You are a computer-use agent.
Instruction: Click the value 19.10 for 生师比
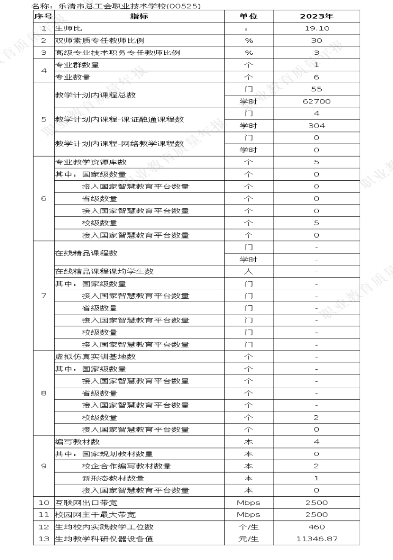(316, 28)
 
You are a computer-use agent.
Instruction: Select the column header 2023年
(316, 16)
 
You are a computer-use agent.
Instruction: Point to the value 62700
(316, 101)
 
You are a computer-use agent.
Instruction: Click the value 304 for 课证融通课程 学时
(316, 126)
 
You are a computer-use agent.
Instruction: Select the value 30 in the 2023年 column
(316, 40)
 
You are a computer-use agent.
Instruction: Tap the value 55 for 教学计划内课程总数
(316, 89)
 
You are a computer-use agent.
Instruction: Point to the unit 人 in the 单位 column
(248, 271)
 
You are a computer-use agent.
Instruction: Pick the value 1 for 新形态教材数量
(316, 478)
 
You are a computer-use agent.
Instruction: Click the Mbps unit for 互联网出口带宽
(248, 502)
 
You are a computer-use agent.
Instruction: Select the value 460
(316, 527)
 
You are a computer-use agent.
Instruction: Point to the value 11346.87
(316, 539)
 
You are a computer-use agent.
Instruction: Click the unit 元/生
(248, 539)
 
